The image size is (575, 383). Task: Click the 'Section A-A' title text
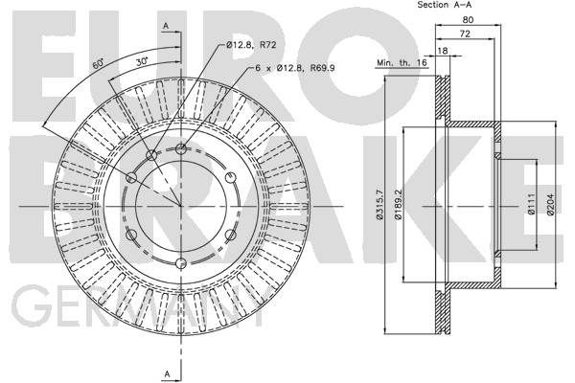click(444, 5)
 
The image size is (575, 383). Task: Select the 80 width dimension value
click(468, 19)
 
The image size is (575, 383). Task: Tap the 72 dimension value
click(465, 34)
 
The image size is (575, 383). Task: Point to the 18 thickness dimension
click(443, 51)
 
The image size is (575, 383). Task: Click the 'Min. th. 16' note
click(402, 62)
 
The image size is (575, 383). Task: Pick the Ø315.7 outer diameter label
click(379, 205)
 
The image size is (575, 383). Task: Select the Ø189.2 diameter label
click(399, 205)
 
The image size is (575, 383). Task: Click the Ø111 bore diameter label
click(531, 204)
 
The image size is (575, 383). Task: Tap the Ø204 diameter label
click(550, 204)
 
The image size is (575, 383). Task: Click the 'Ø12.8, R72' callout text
click(251, 45)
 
